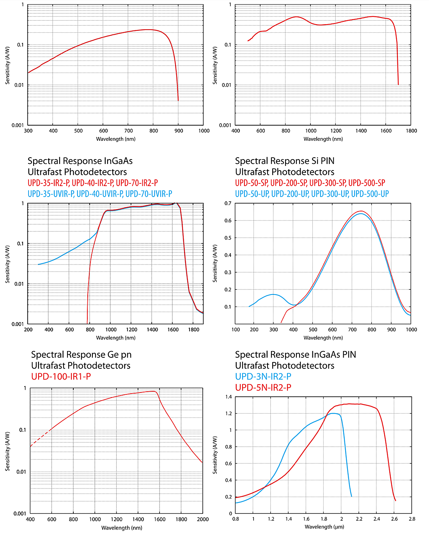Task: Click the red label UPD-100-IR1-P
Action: click(x=61, y=376)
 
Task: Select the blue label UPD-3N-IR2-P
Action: click(x=263, y=376)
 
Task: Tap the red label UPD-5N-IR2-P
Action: click(x=263, y=387)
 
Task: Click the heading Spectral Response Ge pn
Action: click(x=81, y=355)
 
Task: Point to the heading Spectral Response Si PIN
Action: click(x=285, y=161)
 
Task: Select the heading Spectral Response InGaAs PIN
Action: click(x=295, y=355)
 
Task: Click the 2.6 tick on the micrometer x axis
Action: click(x=394, y=519)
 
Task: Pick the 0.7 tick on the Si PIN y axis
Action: click(x=228, y=203)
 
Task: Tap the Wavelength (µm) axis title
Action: click(x=324, y=527)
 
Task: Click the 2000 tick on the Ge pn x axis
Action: click(x=203, y=519)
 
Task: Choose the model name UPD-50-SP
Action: click(x=251, y=183)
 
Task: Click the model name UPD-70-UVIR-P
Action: click(x=149, y=194)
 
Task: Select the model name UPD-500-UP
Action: click(x=370, y=194)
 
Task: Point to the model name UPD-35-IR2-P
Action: click(x=48, y=183)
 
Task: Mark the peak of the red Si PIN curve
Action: click(x=361, y=211)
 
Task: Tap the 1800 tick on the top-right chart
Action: click(x=411, y=131)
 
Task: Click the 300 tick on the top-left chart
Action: click(x=28, y=131)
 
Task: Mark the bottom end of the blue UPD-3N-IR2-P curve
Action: click(x=351, y=496)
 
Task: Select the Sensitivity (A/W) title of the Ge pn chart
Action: click(x=7, y=451)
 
